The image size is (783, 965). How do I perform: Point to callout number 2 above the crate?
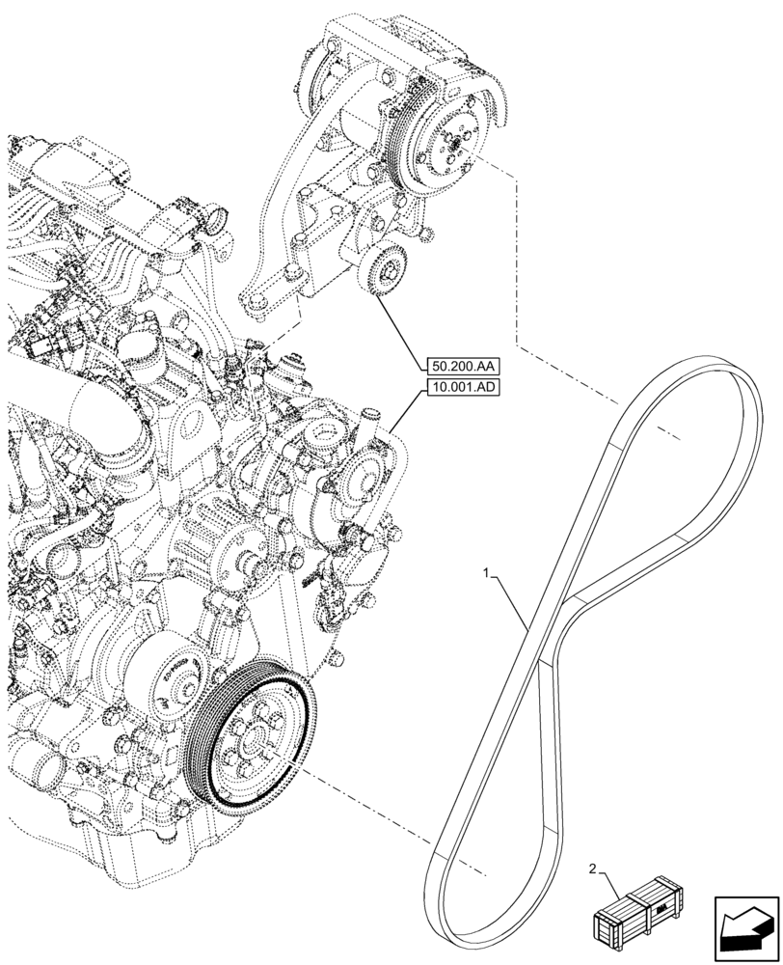[593, 870]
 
